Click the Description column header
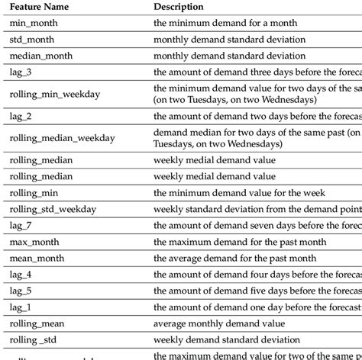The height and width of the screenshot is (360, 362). (179, 7)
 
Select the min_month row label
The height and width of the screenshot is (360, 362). (34, 24)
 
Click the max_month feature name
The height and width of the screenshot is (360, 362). (34, 242)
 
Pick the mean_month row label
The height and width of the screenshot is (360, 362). (37, 258)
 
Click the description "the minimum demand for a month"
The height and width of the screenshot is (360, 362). (225, 24)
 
